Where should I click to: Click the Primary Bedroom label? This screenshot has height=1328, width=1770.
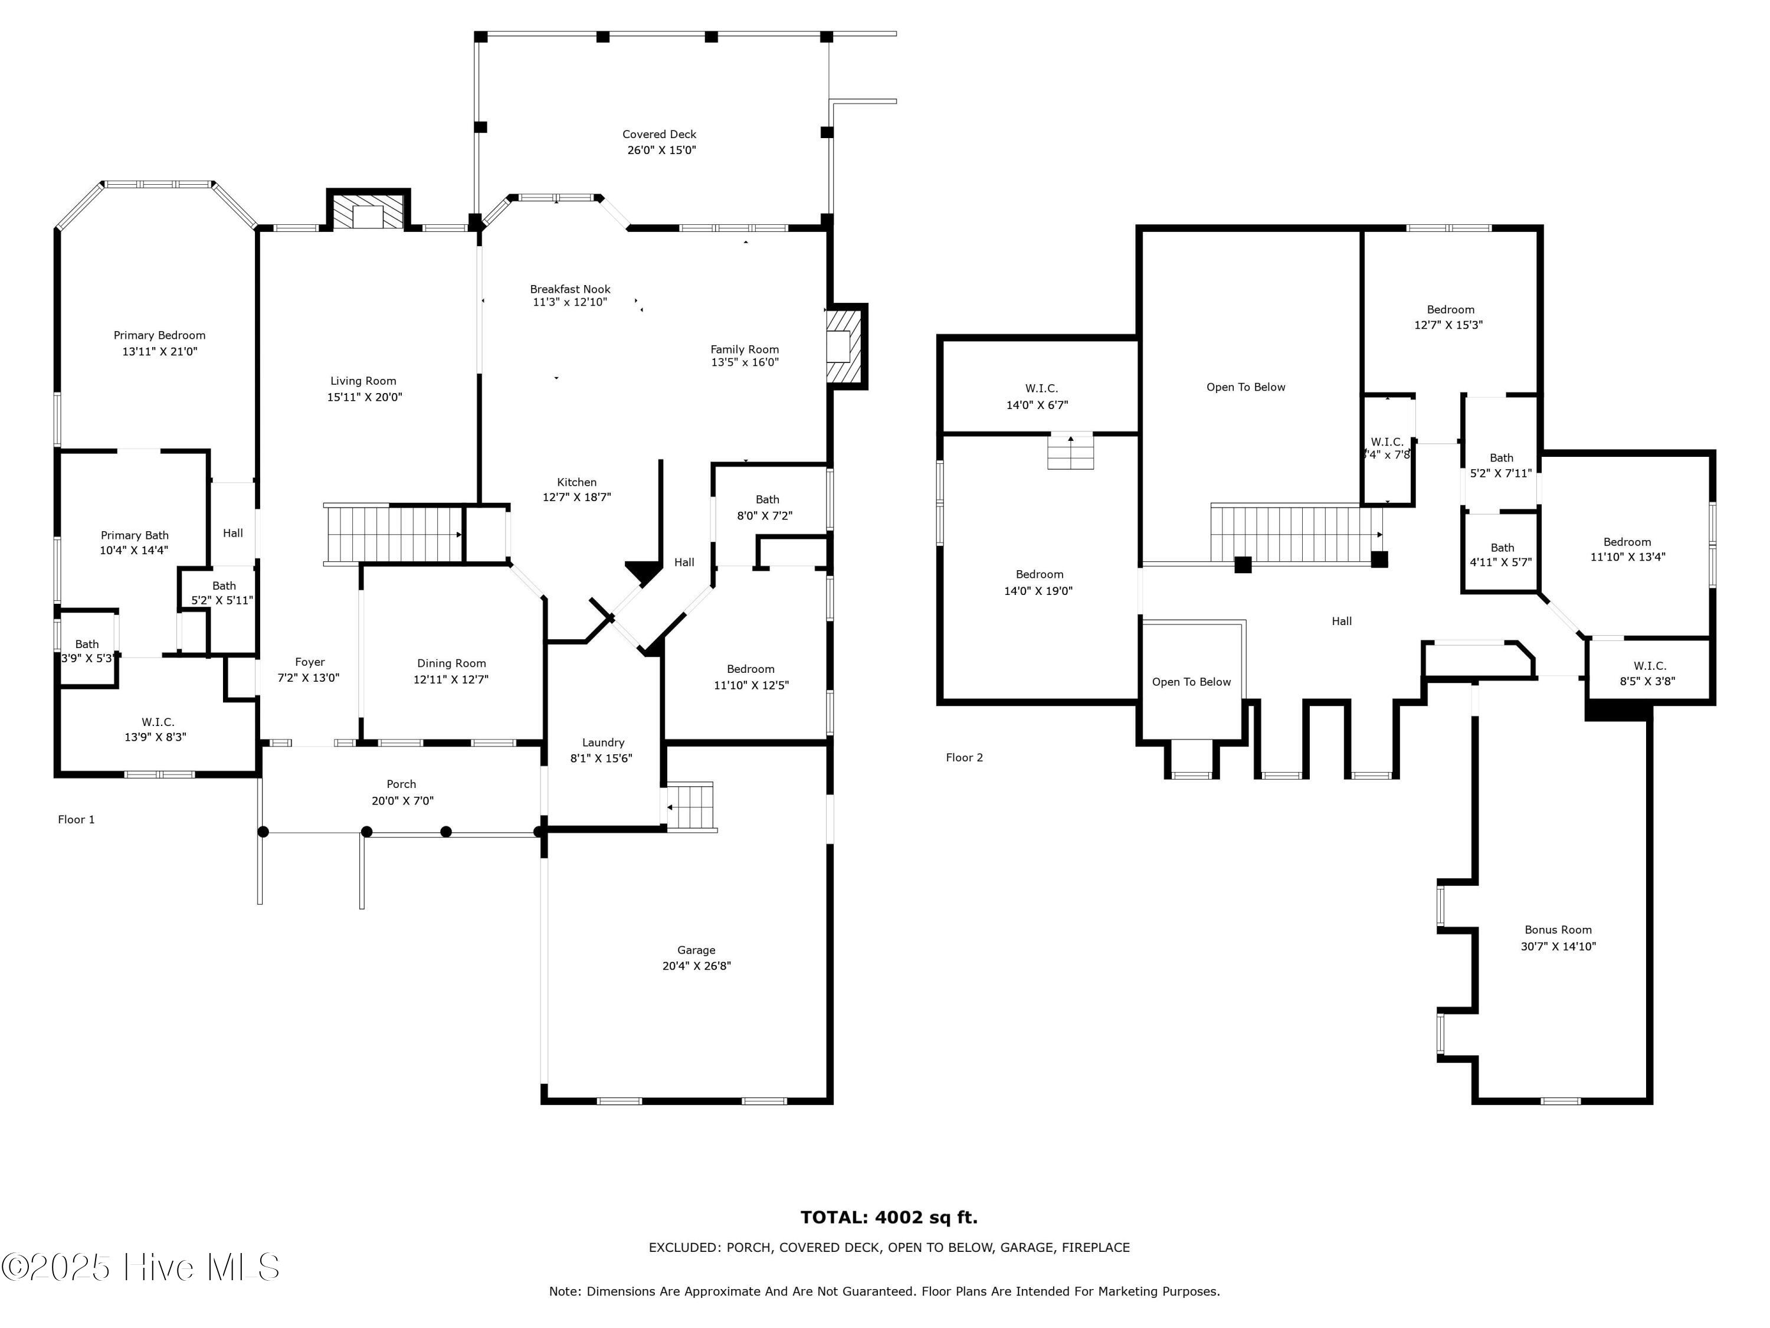[159, 335]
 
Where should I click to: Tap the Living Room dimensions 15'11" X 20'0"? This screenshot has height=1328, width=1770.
[364, 397]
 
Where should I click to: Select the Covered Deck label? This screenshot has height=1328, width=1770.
[660, 135]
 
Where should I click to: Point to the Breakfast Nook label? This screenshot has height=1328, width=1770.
[570, 289]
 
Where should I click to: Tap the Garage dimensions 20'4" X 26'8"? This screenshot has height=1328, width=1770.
[696, 966]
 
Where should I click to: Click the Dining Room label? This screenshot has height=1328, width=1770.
[451, 663]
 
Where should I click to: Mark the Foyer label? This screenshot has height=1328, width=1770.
[310, 662]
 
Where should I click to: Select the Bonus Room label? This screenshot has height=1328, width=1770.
[1558, 930]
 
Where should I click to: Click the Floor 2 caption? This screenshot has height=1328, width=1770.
[964, 757]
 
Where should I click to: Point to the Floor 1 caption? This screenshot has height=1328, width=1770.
[76, 820]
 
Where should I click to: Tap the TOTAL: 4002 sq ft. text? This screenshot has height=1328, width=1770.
[889, 1218]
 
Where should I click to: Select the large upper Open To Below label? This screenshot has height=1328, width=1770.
[1246, 387]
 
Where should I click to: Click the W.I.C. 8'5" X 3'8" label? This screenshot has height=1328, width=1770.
[1649, 674]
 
